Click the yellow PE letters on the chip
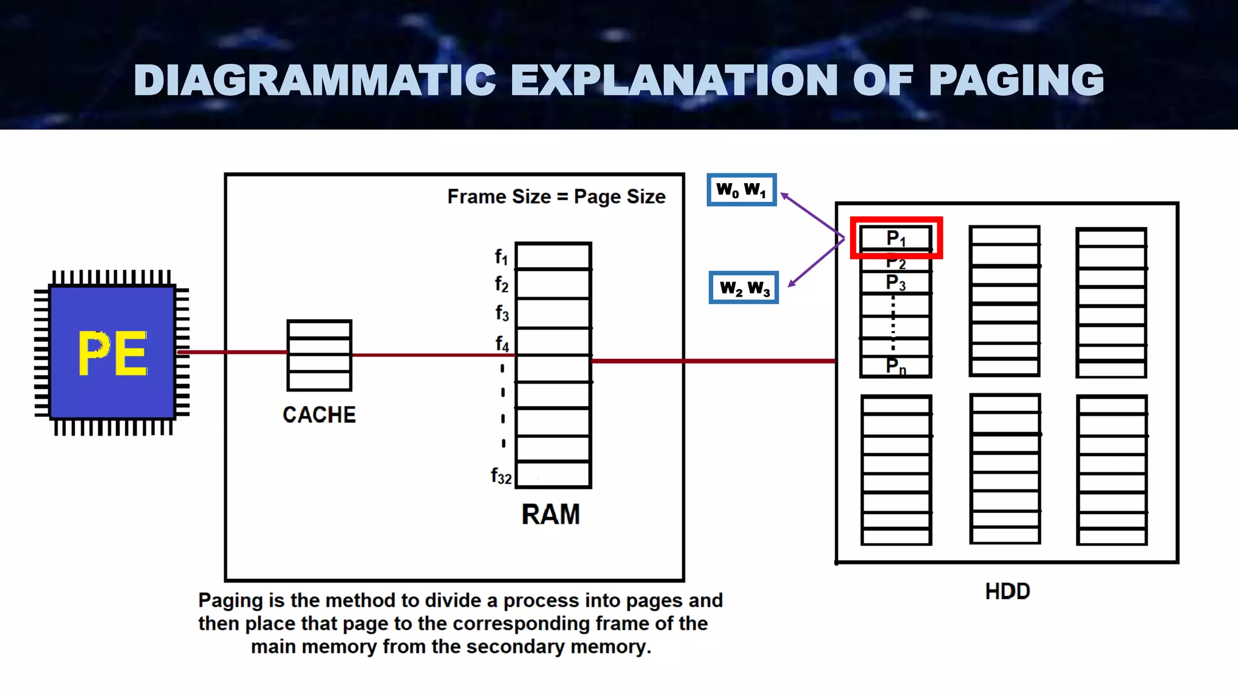click(x=113, y=353)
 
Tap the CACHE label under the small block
click(x=319, y=415)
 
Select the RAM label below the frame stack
click(x=551, y=515)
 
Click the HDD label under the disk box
click(x=1007, y=591)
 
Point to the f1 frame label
click(x=501, y=257)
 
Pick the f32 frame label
click(x=501, y=476)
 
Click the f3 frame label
click(x=502, y=313)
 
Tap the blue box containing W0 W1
click(x=742, y=190)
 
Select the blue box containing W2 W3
click(x=744, y=288)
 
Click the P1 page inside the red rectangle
click(x=896, y=238)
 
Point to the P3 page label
click(x=895, y=283)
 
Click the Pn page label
click(x=896, y=366)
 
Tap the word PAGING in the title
click(x=1016, y=80)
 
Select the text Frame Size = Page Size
click(x=556, y=196)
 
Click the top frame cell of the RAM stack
click(x=553, y=256)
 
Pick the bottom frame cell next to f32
click(x=553, y=474)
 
